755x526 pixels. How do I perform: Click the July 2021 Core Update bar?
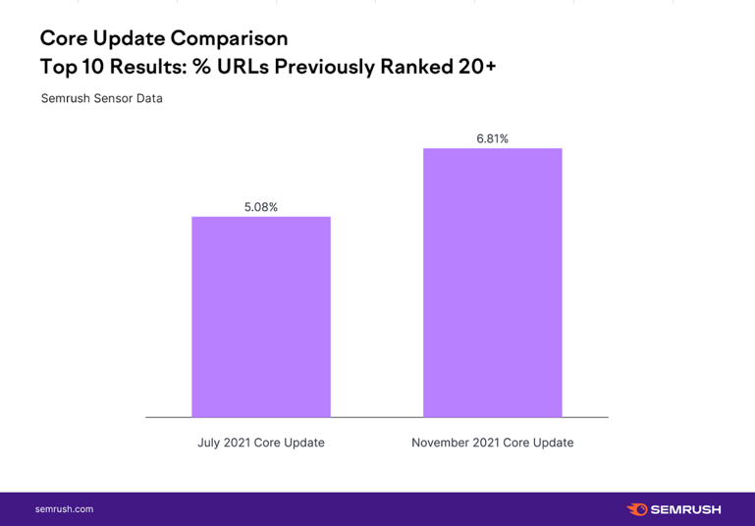pos(261,316)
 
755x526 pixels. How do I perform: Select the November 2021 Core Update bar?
pos(492,283)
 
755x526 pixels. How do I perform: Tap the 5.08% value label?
pos(261,207)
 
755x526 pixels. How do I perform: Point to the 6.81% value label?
pos(492,138)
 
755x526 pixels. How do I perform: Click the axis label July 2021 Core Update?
pos(261,443)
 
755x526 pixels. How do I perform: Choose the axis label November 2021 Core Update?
pos(492,443)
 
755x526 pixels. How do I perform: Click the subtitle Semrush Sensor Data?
pos(102,99)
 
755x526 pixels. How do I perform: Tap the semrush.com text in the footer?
pos(65,509)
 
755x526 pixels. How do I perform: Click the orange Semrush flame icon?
pos(636,509)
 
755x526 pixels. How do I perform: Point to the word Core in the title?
pos(61,38)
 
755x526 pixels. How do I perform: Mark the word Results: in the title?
pos(139,67)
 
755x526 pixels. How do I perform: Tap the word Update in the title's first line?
pos(128,38)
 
